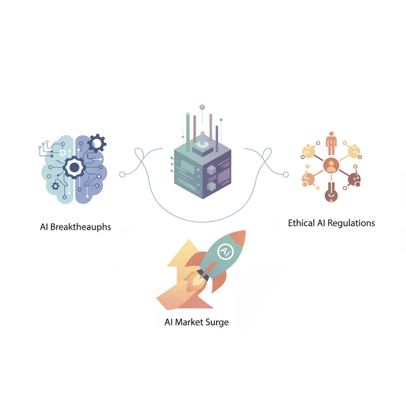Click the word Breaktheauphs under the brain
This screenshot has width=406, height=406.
click(x=81, y=227)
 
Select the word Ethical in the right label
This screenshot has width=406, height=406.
click(x=301, y=223)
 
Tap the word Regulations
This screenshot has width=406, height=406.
click(x=351, y=223)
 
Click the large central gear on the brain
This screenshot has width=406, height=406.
click(x=74, y=167)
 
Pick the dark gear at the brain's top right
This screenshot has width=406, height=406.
click(x=96, y=143)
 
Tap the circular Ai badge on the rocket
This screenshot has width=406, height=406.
click(x=225, y=251)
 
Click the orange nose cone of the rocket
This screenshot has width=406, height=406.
click(x=238, y=238)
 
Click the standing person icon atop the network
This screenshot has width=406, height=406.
click(x=331, y=143)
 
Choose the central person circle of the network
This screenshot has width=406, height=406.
click(x=331, y=165)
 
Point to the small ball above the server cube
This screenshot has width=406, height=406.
click(x=202, y=107)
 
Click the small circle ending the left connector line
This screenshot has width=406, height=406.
click(x=122, y=175)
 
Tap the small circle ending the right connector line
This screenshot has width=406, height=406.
click(x=286, y=175)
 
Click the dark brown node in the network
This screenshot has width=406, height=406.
click(x=354, y=179)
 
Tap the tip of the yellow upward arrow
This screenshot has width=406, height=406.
click(x=189, y=239)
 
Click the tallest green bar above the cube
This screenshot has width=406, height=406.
click(x=188, y=132)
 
